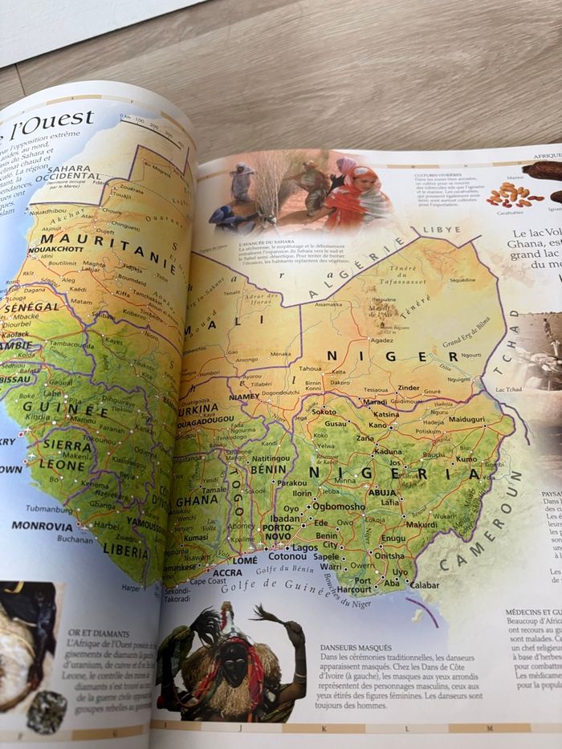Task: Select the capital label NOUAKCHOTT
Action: click(x=56, y=250)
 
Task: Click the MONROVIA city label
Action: click(x=41, y=526)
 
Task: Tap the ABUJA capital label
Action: click(x=382, y=492)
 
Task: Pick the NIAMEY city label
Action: click(x=244, y=397)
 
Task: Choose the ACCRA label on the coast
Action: click(x=227, y=572)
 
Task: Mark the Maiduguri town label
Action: click(x=466, y=419)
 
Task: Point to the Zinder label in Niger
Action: click(x=409, y=388)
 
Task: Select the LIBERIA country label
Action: click(x=125, y=552)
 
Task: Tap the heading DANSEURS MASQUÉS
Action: click(x=356, y=647)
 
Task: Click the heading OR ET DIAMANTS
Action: click(x=98, y=633)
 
